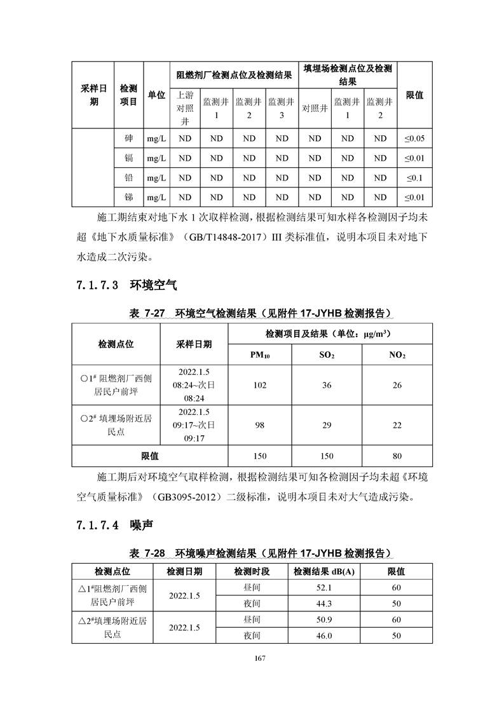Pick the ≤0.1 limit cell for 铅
(x=414, y=178)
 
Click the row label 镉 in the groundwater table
(x=129, y=158)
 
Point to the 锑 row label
(x=129, y=198)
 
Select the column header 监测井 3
(x=282, y=108)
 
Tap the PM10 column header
(x=260, y=355)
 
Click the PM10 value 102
(x=260, y=385)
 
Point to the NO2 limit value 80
(x=397, y=456)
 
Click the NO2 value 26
(x=397, y=385)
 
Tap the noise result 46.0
(x=324, y=635)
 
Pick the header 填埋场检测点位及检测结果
(x=347, y=75)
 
